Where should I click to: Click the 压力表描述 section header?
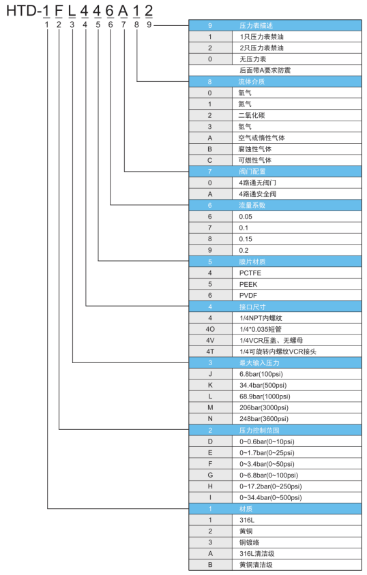256,25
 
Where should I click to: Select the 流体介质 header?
252,81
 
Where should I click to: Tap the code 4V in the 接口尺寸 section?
210,341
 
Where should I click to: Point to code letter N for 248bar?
210,419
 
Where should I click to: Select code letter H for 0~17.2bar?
210,486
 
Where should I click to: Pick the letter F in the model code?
59,11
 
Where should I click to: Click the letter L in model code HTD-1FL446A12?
72,11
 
